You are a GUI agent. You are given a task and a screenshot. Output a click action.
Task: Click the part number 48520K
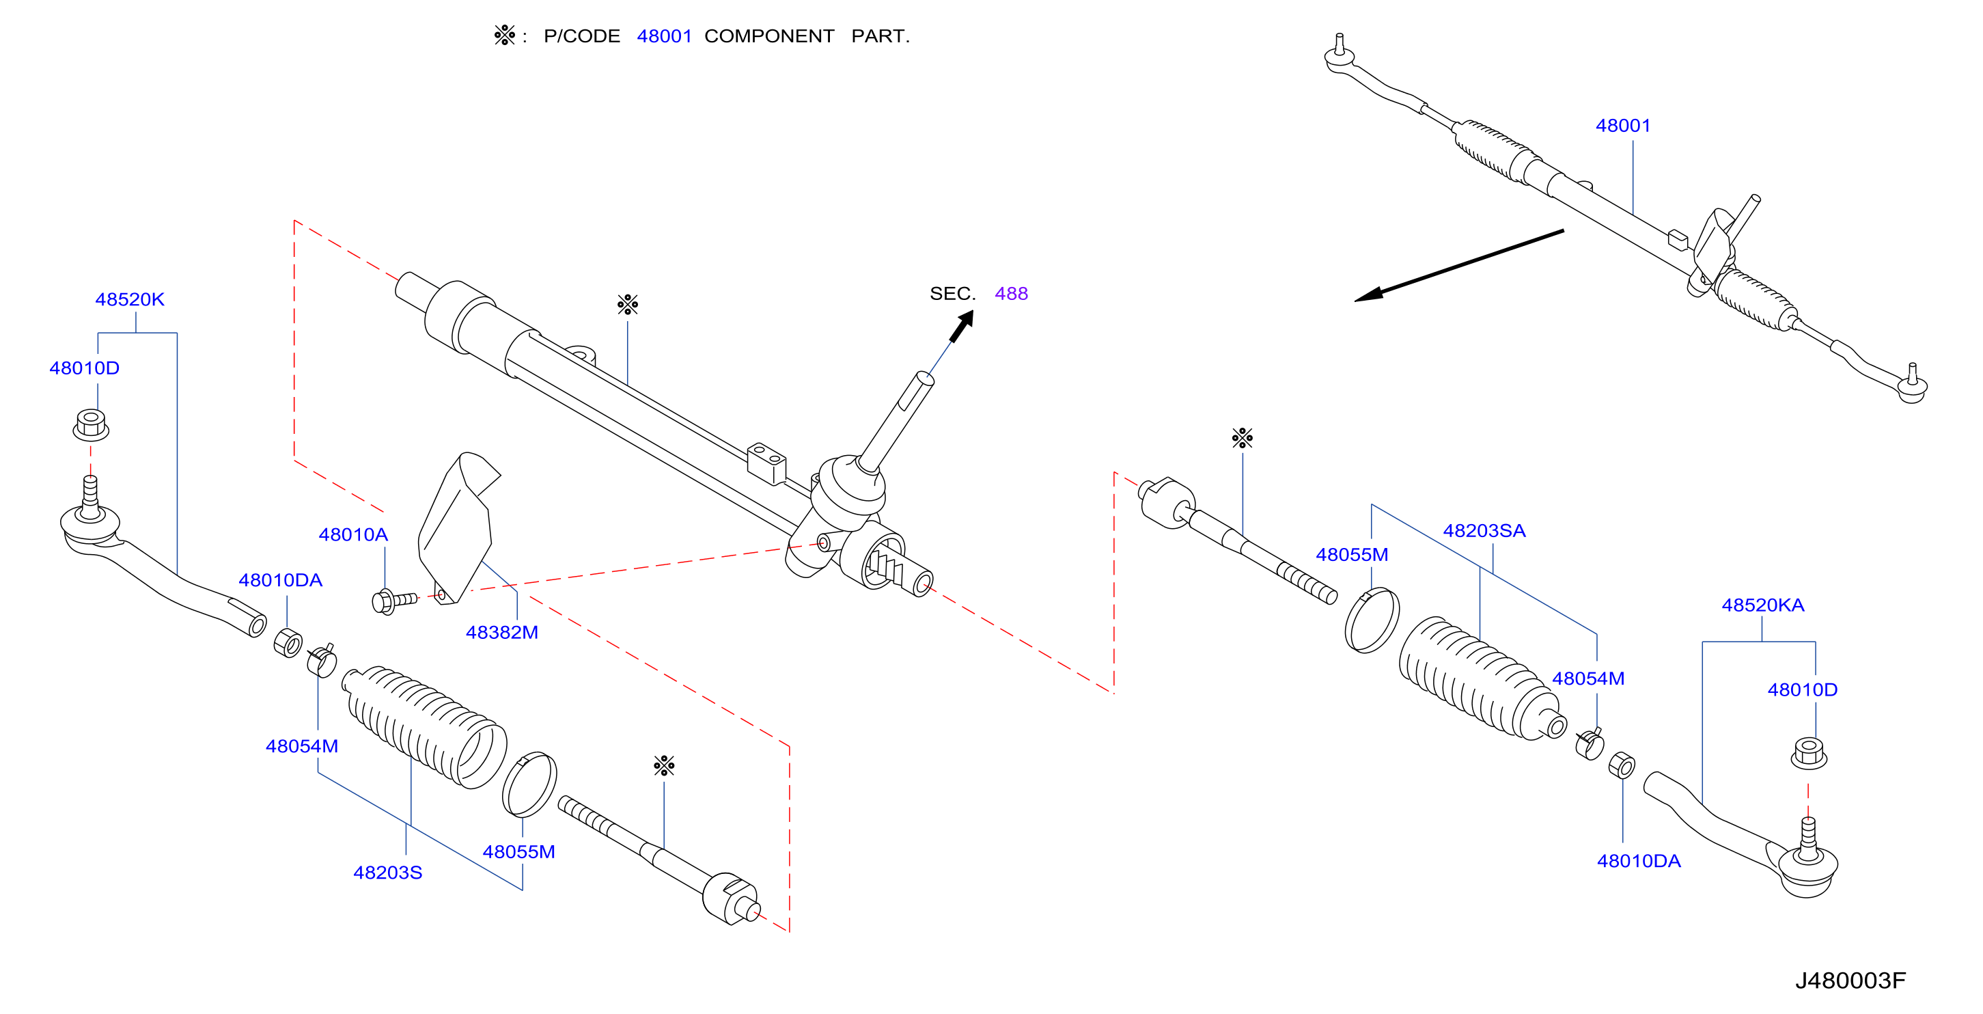(129, 299)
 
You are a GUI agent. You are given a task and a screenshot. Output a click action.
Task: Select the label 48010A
(353, 534)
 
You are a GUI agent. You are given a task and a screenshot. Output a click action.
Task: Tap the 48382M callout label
(502, 632)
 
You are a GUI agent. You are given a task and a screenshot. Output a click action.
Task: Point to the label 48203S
(387, 873)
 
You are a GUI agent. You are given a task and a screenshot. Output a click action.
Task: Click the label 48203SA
(1484, 530)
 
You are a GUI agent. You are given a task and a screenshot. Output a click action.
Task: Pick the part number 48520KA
(1763, 605)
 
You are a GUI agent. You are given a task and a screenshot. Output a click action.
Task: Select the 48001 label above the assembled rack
(1623, 126)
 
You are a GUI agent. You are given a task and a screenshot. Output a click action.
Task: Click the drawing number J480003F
(1850, 980)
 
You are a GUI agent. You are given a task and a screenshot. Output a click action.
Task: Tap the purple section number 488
(1011, 293)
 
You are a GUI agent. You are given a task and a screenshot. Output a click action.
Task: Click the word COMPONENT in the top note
(769, 36)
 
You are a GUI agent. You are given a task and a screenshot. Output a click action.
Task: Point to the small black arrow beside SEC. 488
(962, 326)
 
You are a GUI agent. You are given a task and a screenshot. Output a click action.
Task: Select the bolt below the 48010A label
(393, 601)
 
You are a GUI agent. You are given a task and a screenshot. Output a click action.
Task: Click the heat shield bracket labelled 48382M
(457, 528)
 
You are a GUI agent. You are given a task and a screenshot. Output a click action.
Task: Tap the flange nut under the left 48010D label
(91, 425)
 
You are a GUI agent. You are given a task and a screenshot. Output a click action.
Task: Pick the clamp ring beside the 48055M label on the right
(1372, 620)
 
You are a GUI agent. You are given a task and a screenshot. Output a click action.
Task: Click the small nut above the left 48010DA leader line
(288, 643)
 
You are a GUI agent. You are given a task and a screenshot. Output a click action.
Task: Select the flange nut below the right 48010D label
(1808, 753)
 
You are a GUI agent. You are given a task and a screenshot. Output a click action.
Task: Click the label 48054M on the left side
(302, 746)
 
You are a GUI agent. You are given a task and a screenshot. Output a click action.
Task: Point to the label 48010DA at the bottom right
(1638, 861)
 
